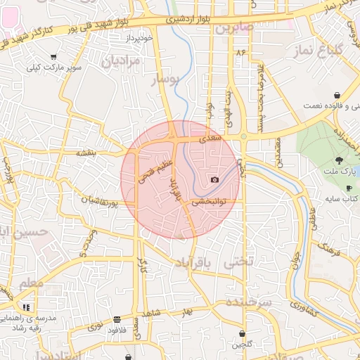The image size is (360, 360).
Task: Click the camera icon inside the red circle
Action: [214, 180]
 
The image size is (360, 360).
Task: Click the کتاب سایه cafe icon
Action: [349, 188]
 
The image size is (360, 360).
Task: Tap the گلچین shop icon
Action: [243, 333]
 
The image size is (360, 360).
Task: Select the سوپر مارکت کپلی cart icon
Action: [54, 57]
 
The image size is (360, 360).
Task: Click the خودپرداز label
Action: [141, 38]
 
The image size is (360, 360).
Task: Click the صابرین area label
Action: [233, 29]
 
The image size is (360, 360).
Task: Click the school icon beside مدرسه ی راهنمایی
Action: [26, 307]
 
